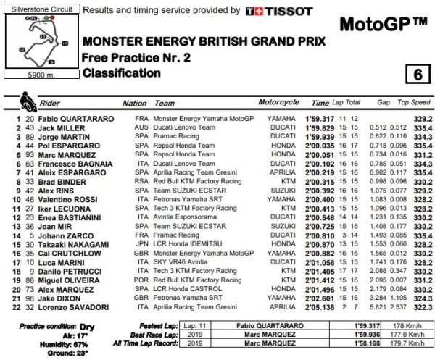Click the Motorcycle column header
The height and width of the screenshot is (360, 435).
click(x=278, y=103)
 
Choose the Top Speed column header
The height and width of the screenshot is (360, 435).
click(x=415, y=103)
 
